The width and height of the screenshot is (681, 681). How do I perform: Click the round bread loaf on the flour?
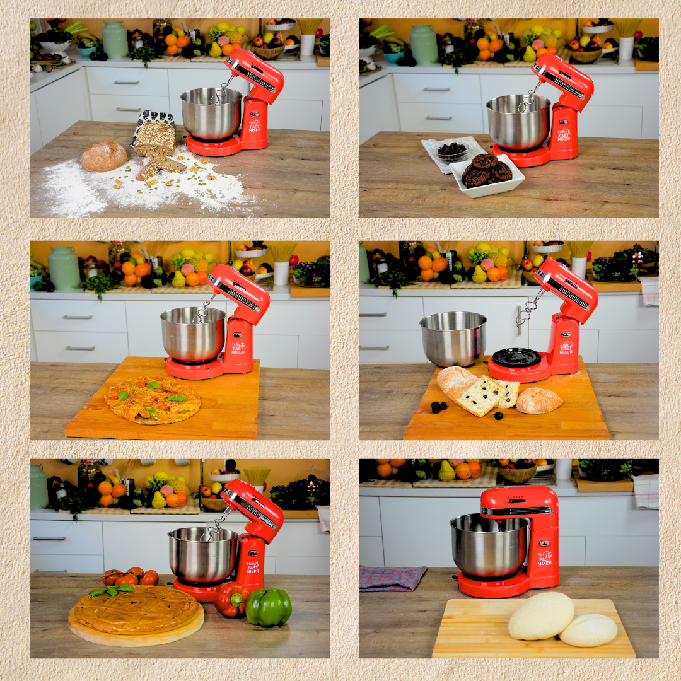click(x=103, y=156)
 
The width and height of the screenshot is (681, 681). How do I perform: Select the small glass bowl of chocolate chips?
click(x=452, y=152)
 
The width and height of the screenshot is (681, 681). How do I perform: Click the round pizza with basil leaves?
click(x=153, y=400)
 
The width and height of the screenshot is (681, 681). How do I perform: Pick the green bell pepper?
click(x=269, y=607)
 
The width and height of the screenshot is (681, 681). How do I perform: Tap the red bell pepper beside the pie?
click(x=231, y=599)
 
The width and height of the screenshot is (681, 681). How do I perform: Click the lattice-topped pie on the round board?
click(x=136, y=610)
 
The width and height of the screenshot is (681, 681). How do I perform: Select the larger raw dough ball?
click(x=541, y=615)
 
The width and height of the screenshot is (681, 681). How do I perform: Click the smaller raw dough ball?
click(x=588, y=630)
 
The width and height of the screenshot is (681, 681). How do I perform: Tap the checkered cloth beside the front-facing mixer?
click(x=392, y=578)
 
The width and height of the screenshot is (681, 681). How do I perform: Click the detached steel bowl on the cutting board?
click(x=453, y=339)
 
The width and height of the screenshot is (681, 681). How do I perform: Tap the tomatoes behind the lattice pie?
click(x=131, y=576)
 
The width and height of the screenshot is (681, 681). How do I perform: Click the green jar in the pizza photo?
click(x=64, y=268)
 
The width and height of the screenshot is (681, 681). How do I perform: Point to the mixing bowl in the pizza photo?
click(x=192, y=334)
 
